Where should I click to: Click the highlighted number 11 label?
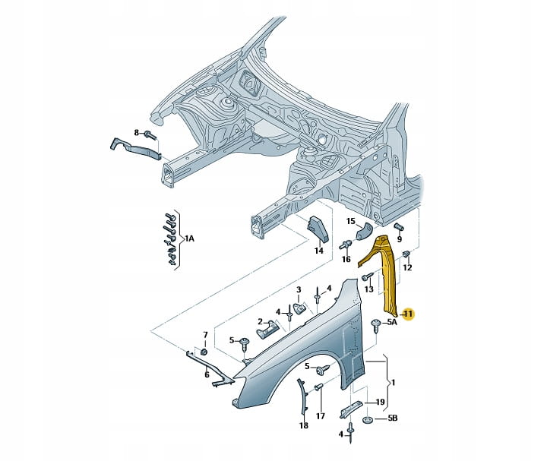(407, 314)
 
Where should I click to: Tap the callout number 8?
(137, 133)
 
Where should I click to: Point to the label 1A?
(189, 238)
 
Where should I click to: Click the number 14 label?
(319, 250)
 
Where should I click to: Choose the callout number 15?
(351, 222)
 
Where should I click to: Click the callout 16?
(346, 259)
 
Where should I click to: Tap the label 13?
(368, 289)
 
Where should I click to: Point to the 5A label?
(392, 323)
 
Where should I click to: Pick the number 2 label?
(260, 321)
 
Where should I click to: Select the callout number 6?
(206, 374)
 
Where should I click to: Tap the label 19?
(380, 403)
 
